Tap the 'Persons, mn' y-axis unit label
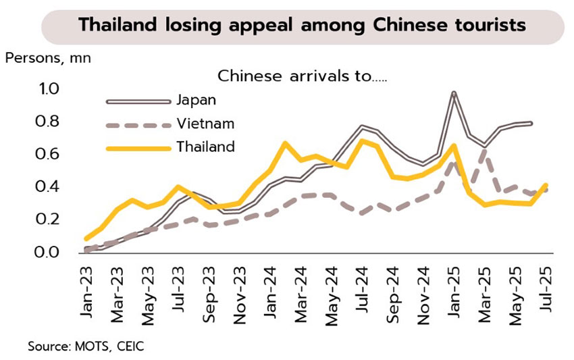(x=48, y=57)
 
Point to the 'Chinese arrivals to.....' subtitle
(x=303, y=75)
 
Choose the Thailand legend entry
(x=205, y=147)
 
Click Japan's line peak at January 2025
(x=454, y=93)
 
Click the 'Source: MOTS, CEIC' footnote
(x=86, y=346)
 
